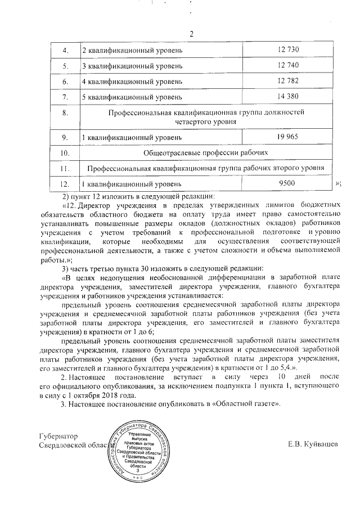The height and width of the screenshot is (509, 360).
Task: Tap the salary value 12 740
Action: click(287, 67)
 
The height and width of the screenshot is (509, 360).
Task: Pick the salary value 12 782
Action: click(287, 82)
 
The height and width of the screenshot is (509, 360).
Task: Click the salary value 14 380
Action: click(287, 97)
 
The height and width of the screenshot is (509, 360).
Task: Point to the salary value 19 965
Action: click(287, 137)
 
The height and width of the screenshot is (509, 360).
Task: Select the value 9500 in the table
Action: click(287, 183)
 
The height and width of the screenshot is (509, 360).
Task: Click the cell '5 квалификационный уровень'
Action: click(125, 98)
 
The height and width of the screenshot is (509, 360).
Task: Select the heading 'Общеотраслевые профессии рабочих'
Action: click(205, 152)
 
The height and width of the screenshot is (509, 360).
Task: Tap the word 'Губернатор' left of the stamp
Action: click(56, 436)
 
